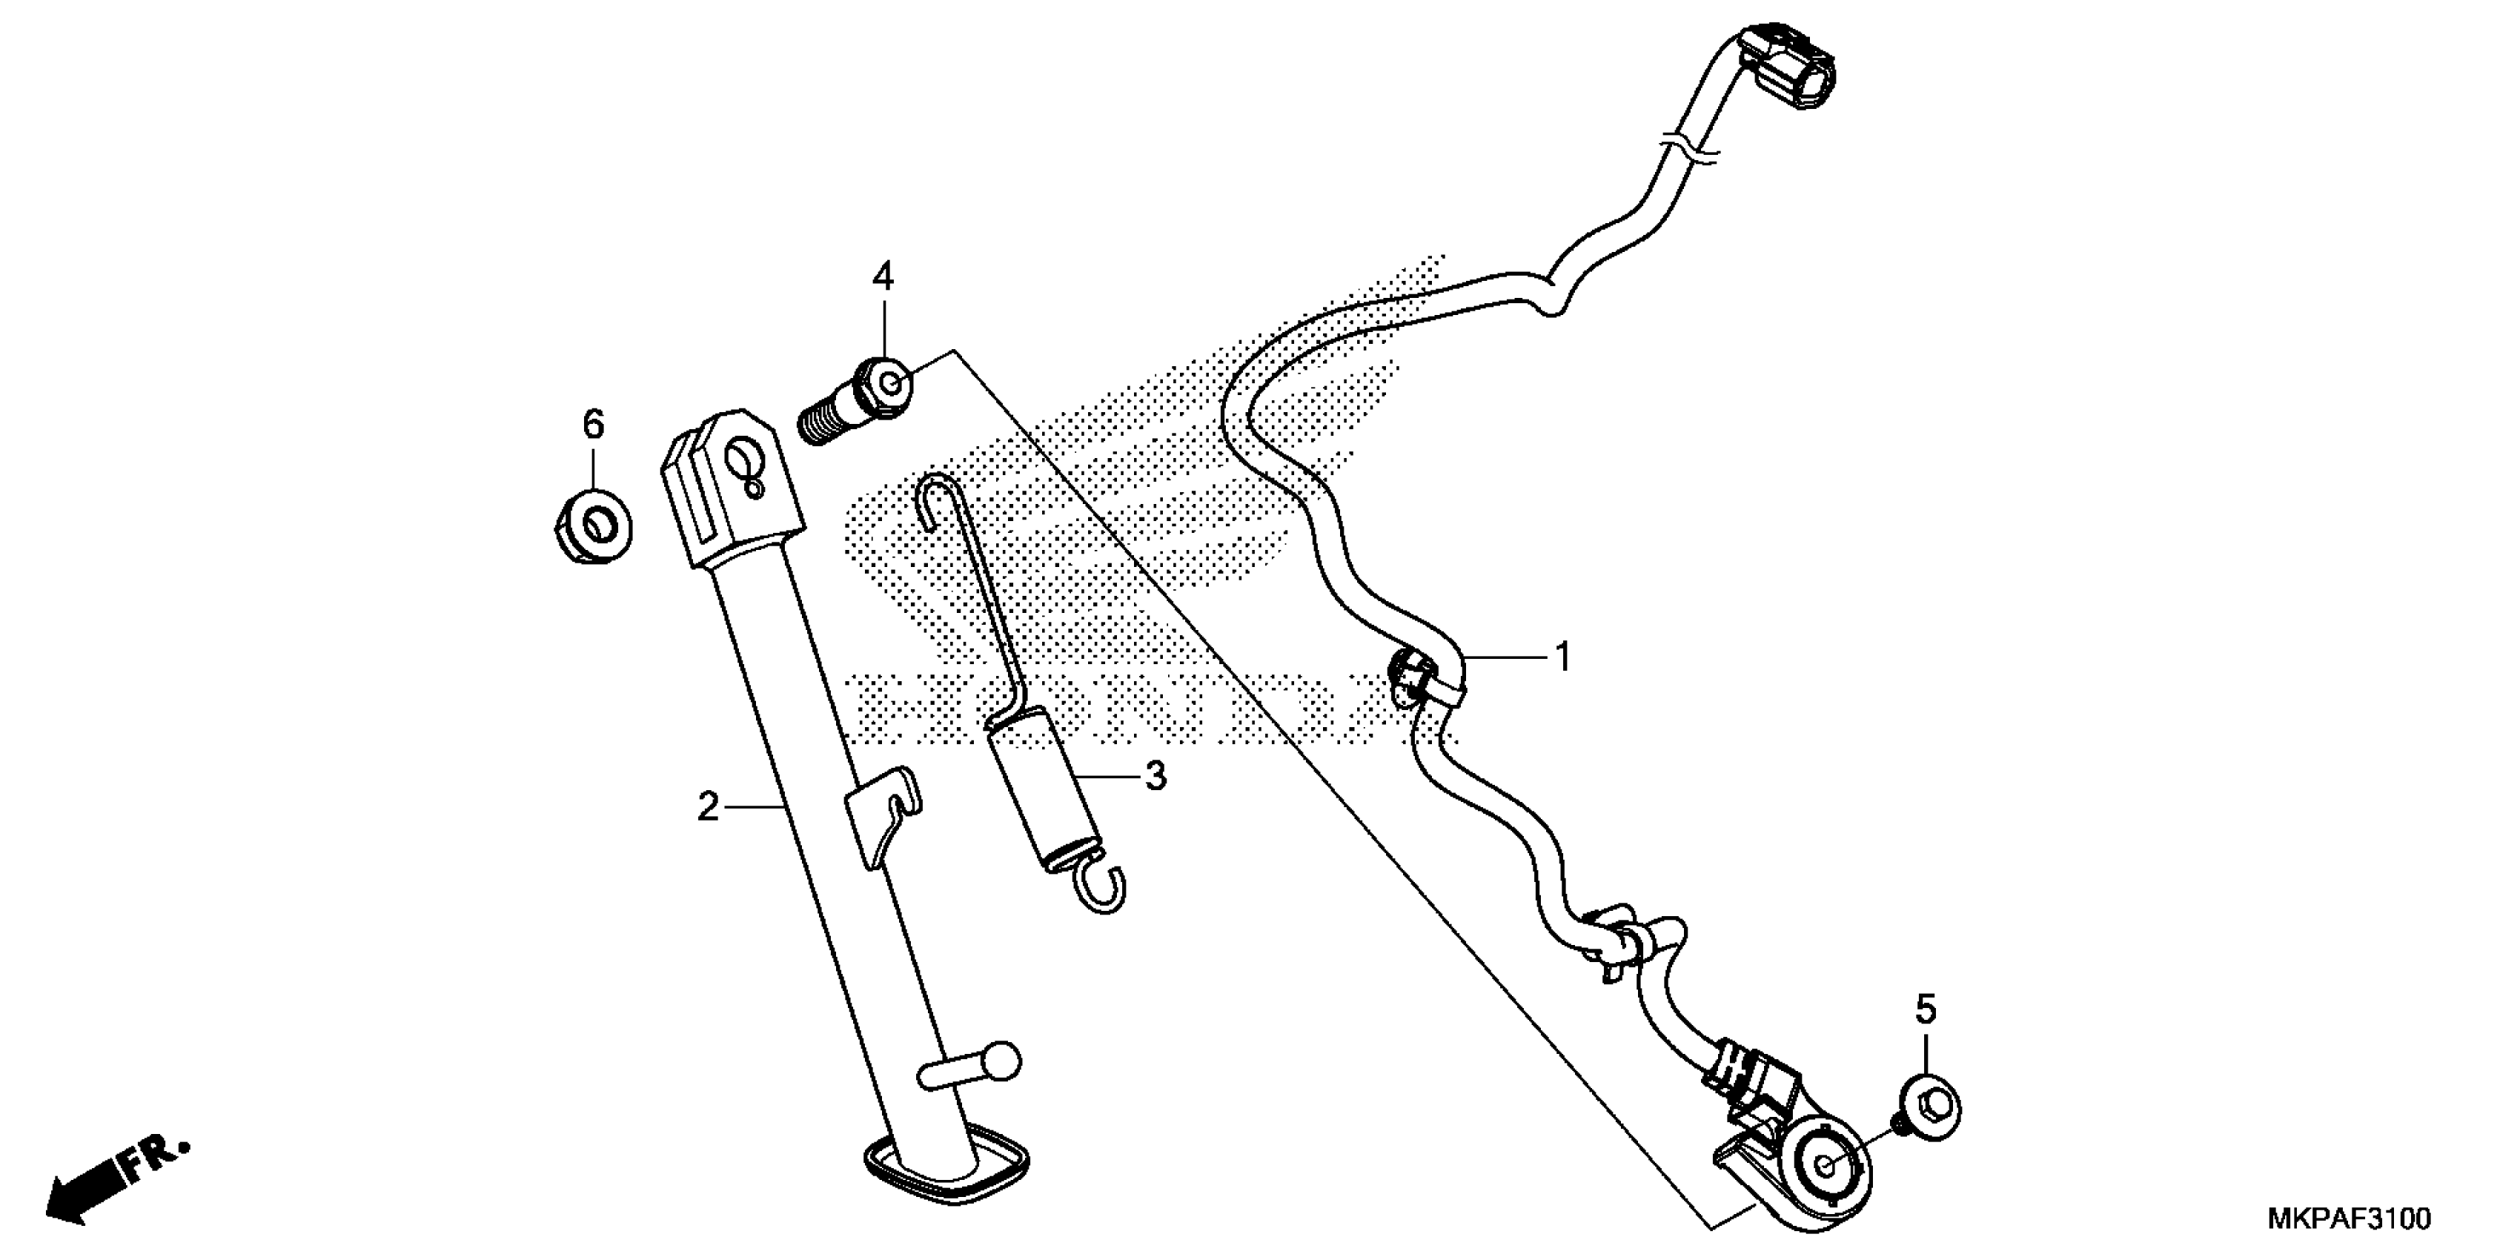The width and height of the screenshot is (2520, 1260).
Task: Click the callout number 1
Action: click(x=1563, y=657)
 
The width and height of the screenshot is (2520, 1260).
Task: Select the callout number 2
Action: click(x=707, y=807)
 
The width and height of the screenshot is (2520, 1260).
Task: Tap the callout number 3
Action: click(x=1155, y=776)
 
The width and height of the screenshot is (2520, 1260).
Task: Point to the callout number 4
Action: click(x=883, y=278)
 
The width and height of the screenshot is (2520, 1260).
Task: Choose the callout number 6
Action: click(x=593, y=425)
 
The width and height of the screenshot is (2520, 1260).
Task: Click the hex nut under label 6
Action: click(x=593, y=529)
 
